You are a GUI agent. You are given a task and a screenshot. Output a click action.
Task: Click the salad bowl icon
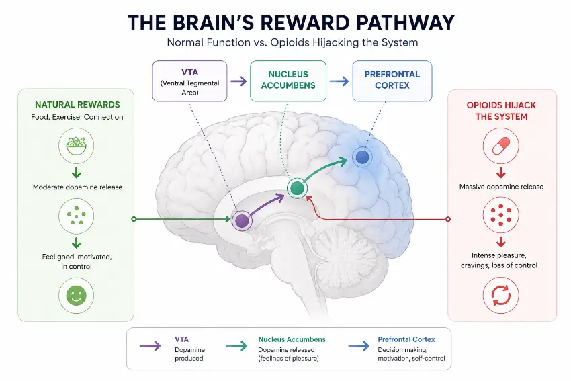coord(76,145)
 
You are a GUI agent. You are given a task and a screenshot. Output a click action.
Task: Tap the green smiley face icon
coord(76,295)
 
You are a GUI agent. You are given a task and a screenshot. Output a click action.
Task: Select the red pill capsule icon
coord(500,146)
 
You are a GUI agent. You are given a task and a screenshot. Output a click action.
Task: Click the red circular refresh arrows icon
coord(500,296)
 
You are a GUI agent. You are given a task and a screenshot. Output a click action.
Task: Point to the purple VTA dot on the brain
coord(242,220)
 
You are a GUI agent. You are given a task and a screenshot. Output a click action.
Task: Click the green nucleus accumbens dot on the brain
coord(297,188)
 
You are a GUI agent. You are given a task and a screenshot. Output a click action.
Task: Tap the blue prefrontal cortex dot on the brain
coord(362,157)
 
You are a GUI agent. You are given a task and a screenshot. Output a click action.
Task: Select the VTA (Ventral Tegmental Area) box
coord(189,81)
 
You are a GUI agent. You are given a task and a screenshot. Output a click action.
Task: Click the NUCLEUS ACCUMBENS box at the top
coord(288,81)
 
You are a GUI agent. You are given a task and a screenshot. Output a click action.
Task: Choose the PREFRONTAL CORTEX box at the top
coord(392,81)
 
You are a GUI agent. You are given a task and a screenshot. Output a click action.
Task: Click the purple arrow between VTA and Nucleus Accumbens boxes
coord(238,81)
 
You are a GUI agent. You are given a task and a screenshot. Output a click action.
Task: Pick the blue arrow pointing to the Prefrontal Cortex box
coord(339,81)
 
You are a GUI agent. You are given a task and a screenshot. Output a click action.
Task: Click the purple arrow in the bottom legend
coord(150,345)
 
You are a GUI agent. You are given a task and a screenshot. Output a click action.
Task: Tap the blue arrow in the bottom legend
coord(359,345)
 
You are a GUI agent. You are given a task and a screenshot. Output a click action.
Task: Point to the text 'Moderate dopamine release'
coord(77,187)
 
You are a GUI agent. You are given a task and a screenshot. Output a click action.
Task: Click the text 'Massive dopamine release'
coord(501,187)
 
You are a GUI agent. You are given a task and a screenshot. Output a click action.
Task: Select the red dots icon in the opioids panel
coord(500,215)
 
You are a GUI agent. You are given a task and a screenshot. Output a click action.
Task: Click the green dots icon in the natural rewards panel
coord(76,216)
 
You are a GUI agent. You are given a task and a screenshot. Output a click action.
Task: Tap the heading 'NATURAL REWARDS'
coord(77,105)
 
